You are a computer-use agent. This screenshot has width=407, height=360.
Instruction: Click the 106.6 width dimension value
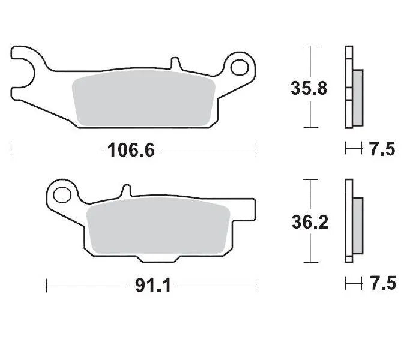coord(131,149)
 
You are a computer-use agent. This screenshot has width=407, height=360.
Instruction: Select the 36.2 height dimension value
coord(309,223)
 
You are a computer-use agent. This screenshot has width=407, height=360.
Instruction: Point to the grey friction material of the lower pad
coord(159,231)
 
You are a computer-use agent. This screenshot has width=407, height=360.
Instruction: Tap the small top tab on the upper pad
coord(175,63)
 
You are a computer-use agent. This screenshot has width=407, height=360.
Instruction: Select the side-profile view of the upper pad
coord(353,88)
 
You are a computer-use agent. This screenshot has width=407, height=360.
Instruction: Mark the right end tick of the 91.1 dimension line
coord(255,285)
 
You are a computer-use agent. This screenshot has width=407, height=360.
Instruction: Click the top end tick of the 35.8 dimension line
coord(309,46)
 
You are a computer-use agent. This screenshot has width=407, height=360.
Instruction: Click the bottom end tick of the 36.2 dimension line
coord(309,262)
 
